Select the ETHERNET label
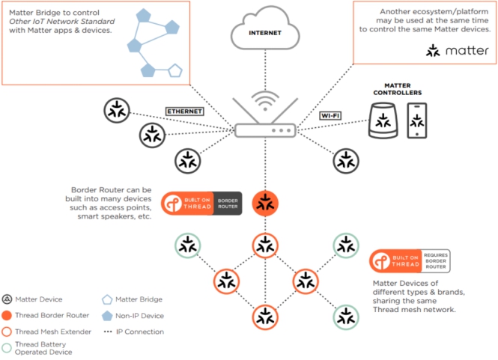(185, 111)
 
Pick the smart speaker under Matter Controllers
(384, 121)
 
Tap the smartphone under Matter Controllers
(417, 120)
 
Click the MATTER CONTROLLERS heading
(398, 89)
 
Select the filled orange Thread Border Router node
(264, 202)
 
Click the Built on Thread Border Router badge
(201, 204)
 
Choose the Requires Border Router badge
(409, 261)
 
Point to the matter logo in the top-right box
(457, 51)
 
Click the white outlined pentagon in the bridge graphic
(174, 70)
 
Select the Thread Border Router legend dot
(7, 315)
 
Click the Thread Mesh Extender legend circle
(7, 331)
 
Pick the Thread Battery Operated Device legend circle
(7, 347)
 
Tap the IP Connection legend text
(141, 331)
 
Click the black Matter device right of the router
(344, 159)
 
